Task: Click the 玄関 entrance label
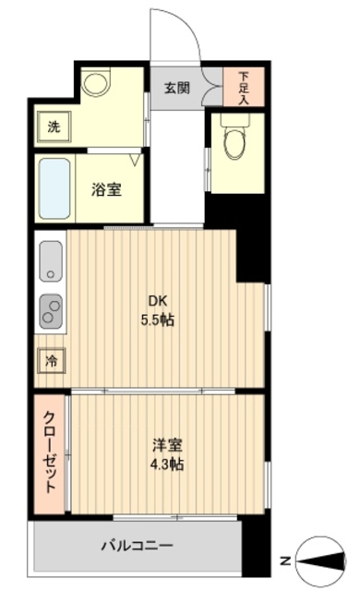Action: pyautogui.click(x=178, y=89)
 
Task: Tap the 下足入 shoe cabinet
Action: pyautogui.click(x=244, y=88)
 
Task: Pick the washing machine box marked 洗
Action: pyautogui.click(x=54, y=127)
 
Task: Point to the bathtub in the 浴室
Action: pyautogui.click(x=55, y=188)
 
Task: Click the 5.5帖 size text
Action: pyautogui.click(x=158, y=320)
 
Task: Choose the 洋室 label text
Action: pyautogui.click(x=167, y=445)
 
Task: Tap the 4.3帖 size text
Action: pyautogui.click(x=167, y=464)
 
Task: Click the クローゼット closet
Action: pyautogui.click(x=52, y=452)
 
